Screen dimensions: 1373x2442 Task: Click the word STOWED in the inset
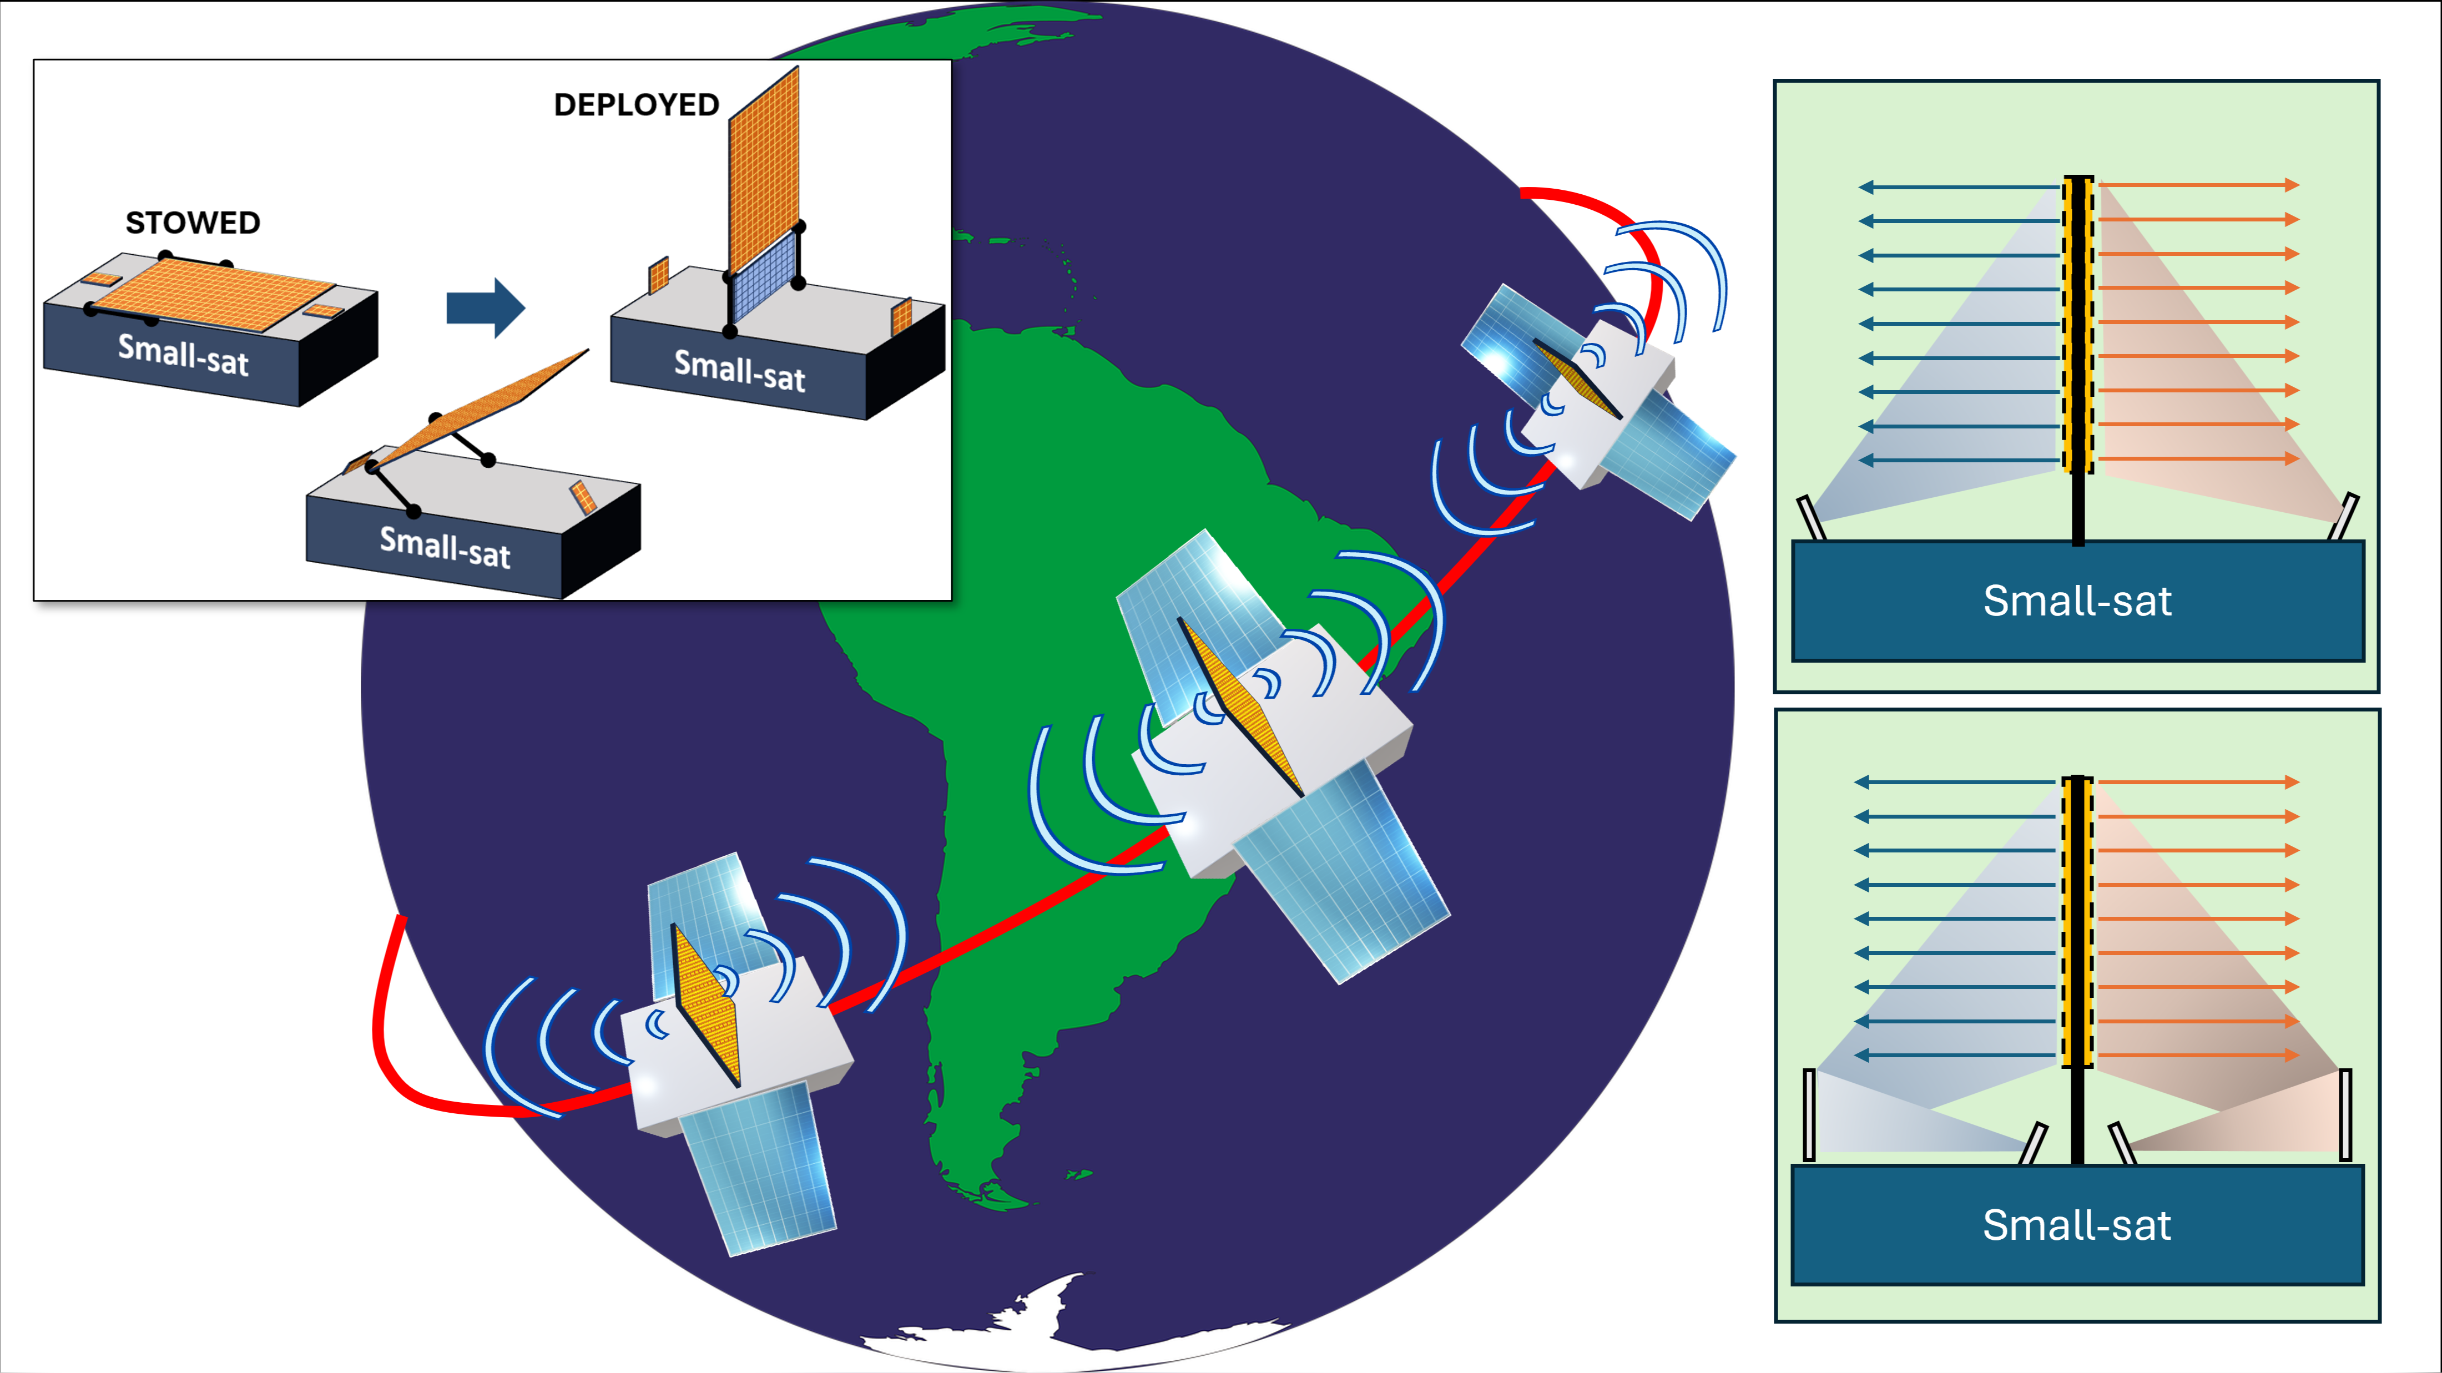coord(193,223)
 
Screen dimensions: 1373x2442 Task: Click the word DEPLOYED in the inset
coord(636,105)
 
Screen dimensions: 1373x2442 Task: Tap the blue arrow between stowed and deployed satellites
coord(485,308)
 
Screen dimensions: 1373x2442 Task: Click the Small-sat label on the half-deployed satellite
coord(445,547)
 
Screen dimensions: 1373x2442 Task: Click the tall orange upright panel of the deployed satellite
coord(764,171)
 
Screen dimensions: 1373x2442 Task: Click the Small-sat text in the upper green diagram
coord(2077,601)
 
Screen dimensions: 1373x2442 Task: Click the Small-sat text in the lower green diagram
coord(2076,1225)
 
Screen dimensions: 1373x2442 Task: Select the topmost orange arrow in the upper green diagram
coord(2199,185)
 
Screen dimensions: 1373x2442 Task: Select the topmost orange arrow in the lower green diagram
coord(2199,783)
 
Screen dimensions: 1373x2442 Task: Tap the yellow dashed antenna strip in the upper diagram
coord(2078,322)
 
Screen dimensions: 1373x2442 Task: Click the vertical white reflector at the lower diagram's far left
coord(1809,1114)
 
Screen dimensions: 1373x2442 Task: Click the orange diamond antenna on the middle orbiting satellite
coord(1240,706)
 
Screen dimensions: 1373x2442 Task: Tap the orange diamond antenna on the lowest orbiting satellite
coord(707,1005)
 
